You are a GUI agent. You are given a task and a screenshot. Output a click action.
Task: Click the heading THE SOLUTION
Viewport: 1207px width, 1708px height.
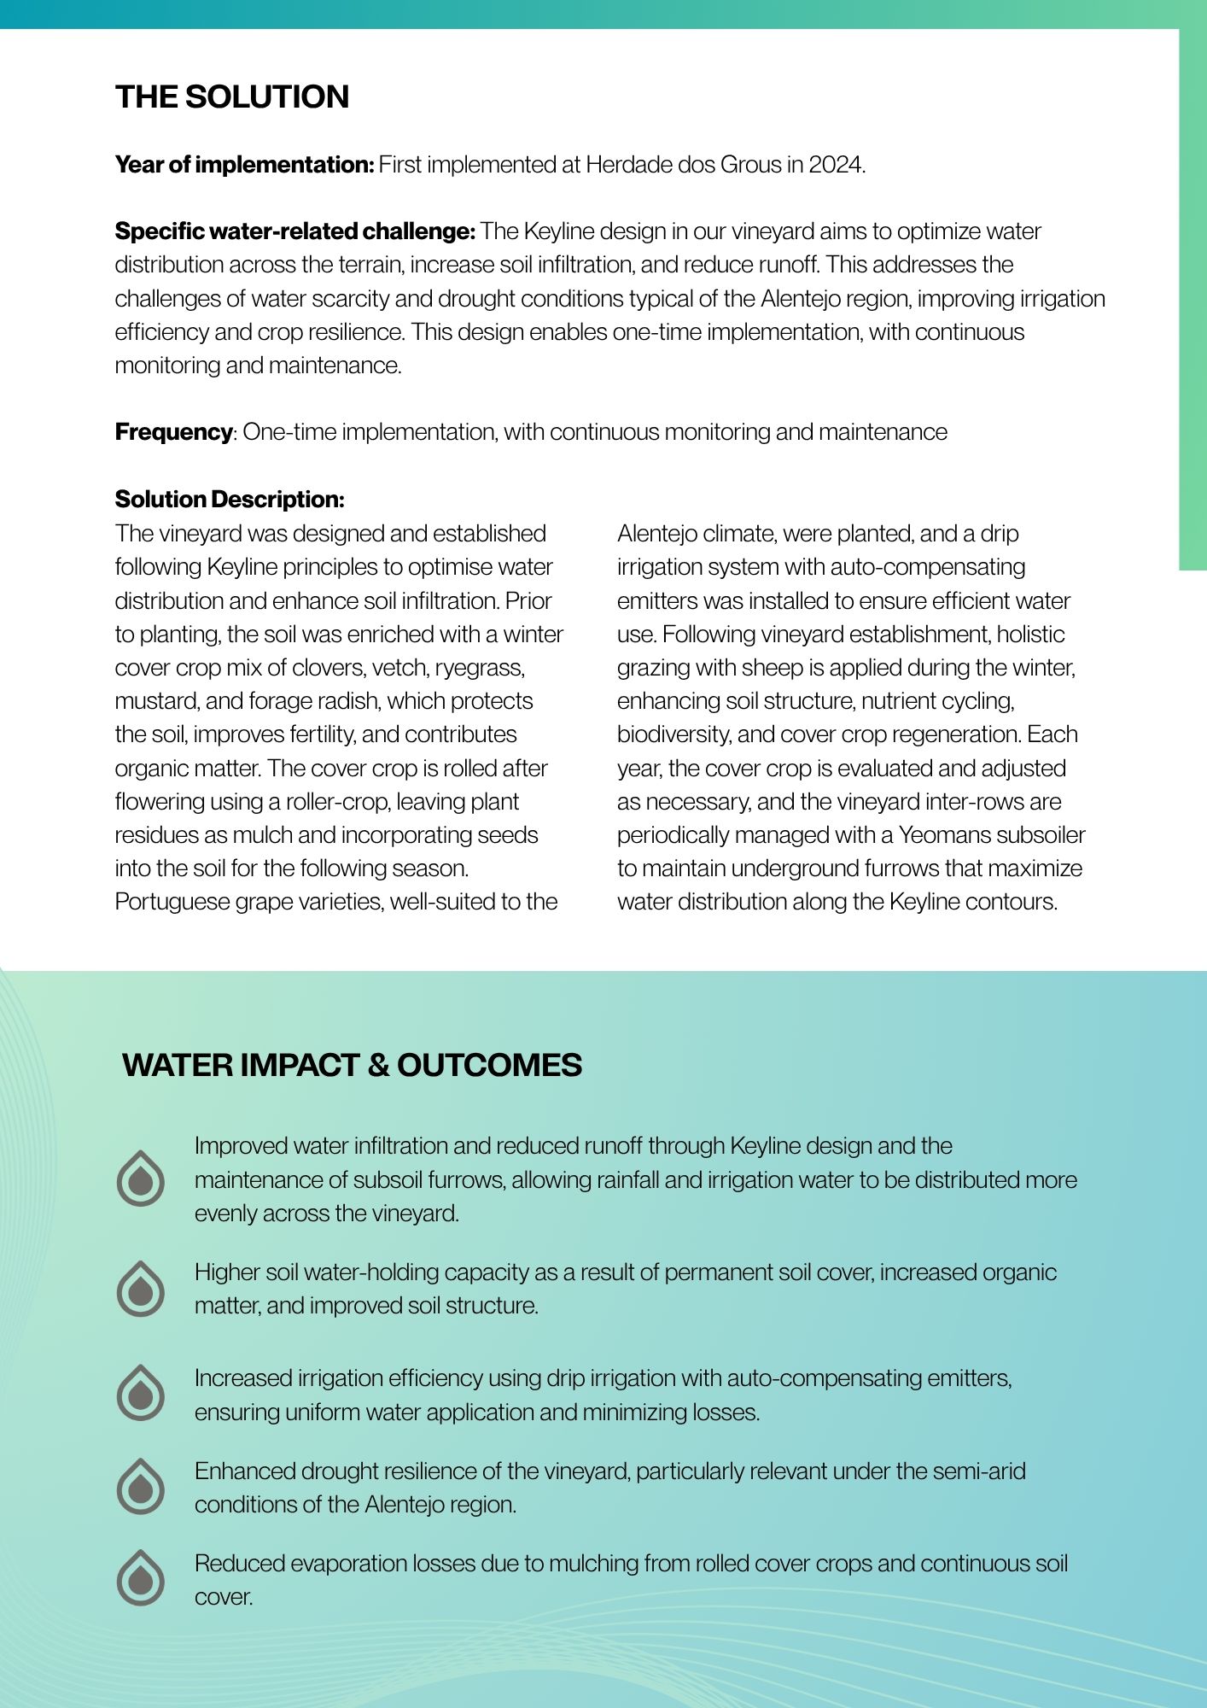[232, 97]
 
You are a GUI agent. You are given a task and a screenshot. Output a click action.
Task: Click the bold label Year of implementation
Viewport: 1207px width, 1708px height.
[243, 165]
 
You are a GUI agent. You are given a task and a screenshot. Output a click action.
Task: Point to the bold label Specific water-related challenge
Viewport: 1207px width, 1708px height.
[294, 231]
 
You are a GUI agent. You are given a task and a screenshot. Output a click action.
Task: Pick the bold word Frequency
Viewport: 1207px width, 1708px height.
[173, 432]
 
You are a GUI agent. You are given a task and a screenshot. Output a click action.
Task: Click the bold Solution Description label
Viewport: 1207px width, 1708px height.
[230, 500]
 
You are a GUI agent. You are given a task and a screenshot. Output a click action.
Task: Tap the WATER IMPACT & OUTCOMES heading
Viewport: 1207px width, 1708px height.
[352, 1065]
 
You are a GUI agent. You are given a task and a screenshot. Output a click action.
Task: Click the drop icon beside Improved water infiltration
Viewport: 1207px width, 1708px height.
[141, 1179]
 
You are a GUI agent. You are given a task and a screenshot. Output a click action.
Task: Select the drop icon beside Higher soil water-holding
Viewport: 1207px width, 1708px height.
[141, 1289]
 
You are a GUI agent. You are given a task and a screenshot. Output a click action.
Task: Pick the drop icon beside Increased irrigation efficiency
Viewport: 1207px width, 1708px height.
[141, 1393]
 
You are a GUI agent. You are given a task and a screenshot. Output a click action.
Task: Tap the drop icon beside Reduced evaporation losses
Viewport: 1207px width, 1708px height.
[141, 1578]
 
